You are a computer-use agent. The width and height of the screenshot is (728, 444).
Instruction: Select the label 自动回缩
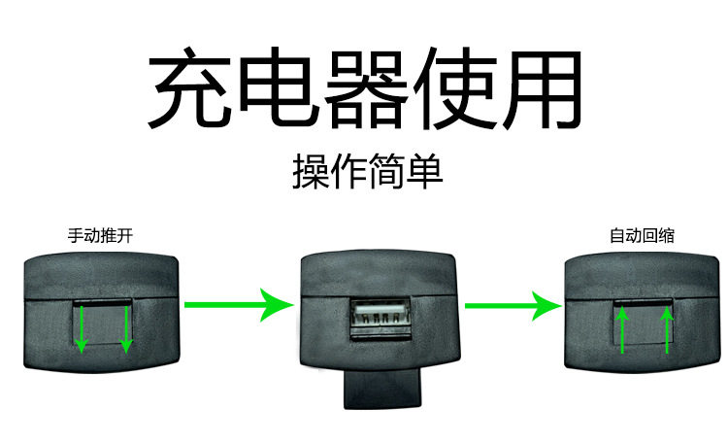pyautogui.click(x=642, y=235)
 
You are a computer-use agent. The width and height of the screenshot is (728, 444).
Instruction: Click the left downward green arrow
pyautogui.click(x=83, y=329)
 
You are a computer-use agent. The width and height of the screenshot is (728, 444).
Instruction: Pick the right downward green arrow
pyautogui.click(x=126, y=329)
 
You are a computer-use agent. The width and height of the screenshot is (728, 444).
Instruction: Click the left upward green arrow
pyautogui.click(x=622, y=330)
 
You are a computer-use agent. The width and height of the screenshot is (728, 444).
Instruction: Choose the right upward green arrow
pyautogui.click(x=667, y=330)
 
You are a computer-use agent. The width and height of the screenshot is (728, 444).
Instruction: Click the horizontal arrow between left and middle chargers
pyautogui.click(x=238, y=305)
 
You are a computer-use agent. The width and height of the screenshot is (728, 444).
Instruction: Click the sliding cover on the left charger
pyautogui.click(x=104, y=328)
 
